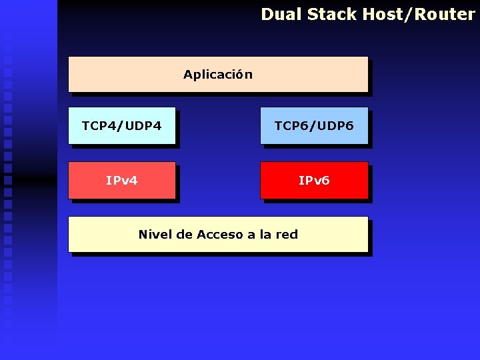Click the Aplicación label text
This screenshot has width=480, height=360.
(218, 74)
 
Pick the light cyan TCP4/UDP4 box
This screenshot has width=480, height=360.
(122, 125)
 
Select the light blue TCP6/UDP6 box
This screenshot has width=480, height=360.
(314, 125)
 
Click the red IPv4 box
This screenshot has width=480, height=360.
(122, 180)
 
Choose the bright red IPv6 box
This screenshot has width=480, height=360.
(314, 180)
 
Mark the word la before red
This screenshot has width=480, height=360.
(265, 234)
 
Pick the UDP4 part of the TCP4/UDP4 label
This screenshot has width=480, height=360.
(142, 125)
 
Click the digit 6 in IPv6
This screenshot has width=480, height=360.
(325, 181)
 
